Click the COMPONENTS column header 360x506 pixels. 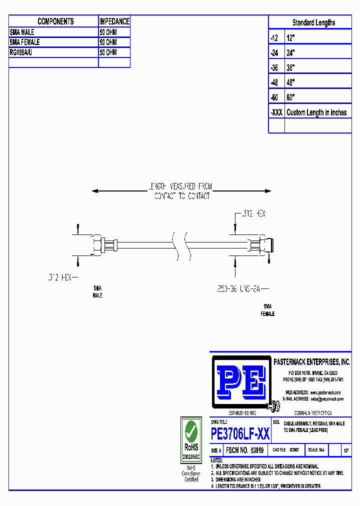[x=55, y=21]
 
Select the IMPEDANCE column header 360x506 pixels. [x=114, y=21]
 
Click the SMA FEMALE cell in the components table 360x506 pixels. [x=25, y=42]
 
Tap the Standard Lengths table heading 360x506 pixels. [x=313, y=22]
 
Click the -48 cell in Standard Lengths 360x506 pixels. [x=274, y=82]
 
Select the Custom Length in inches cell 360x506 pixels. [x=316, y=112]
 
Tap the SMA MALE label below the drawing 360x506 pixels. [x=97, y=292]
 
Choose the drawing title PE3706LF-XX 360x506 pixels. [x=240, y=433]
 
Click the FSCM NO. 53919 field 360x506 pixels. [x=244, y=450]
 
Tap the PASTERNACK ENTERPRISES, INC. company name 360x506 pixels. [x=311, y=362]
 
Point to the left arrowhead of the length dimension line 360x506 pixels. [x=95, y=191]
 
